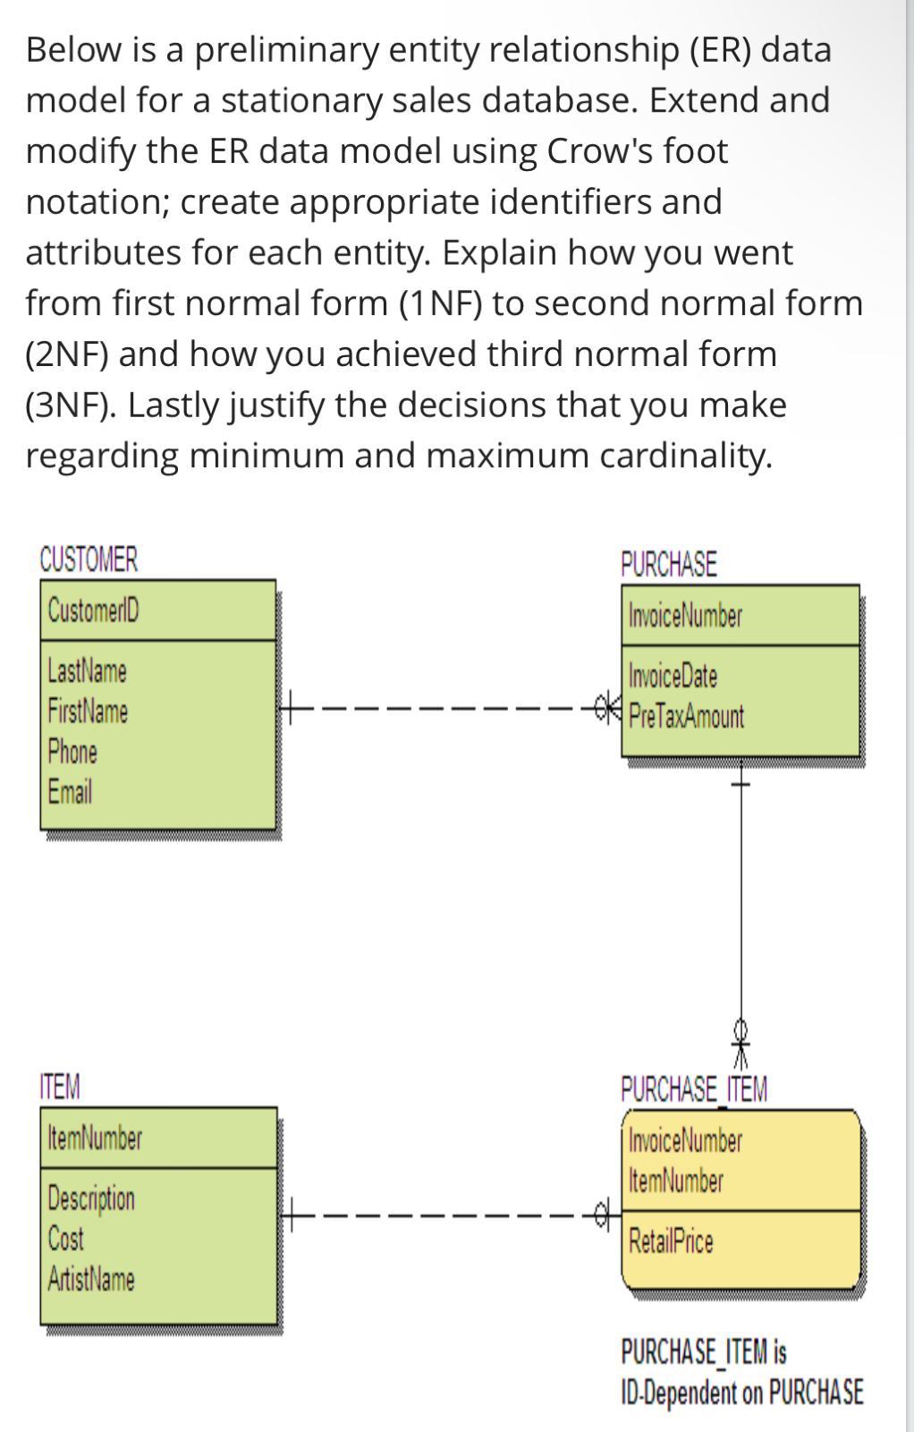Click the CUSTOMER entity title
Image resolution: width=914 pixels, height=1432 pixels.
(x=89, y=560)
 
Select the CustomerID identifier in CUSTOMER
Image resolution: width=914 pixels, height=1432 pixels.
(x=93, y=611)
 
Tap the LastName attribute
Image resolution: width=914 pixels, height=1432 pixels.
(x=87, y=670)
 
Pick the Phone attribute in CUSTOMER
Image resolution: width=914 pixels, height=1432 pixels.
(x=72, y=751)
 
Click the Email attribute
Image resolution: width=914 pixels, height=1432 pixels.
(x=70, y=791)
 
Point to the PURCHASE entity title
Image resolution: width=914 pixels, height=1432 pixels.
(x=668, y=565)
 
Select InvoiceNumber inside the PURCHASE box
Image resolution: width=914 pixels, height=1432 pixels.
(x=685, y=617)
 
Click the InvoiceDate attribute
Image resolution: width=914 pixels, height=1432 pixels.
(x=673, y=676)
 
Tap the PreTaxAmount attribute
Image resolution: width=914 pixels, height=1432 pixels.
(x=686, y=716)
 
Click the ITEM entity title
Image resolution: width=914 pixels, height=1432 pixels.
(x=60, y=1087)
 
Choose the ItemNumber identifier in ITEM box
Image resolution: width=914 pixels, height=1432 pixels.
(x=94, y=1138)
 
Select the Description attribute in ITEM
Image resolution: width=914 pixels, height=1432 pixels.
(x=91, y=1198)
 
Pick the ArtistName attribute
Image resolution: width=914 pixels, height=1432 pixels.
(x=91, y=1279)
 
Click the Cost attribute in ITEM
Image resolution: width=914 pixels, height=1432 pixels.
(x=65, y=1239)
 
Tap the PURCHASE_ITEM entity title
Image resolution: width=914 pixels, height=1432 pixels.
(x=693, y=1090)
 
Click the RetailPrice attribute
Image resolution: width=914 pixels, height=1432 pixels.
(x=671, y=1241)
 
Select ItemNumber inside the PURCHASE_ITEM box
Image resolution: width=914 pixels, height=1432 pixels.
(x=675, y=1181)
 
